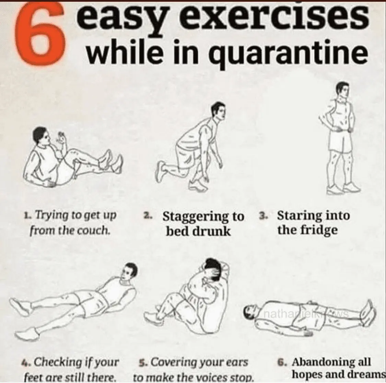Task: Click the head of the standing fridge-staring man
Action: click(x=343, y=90)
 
